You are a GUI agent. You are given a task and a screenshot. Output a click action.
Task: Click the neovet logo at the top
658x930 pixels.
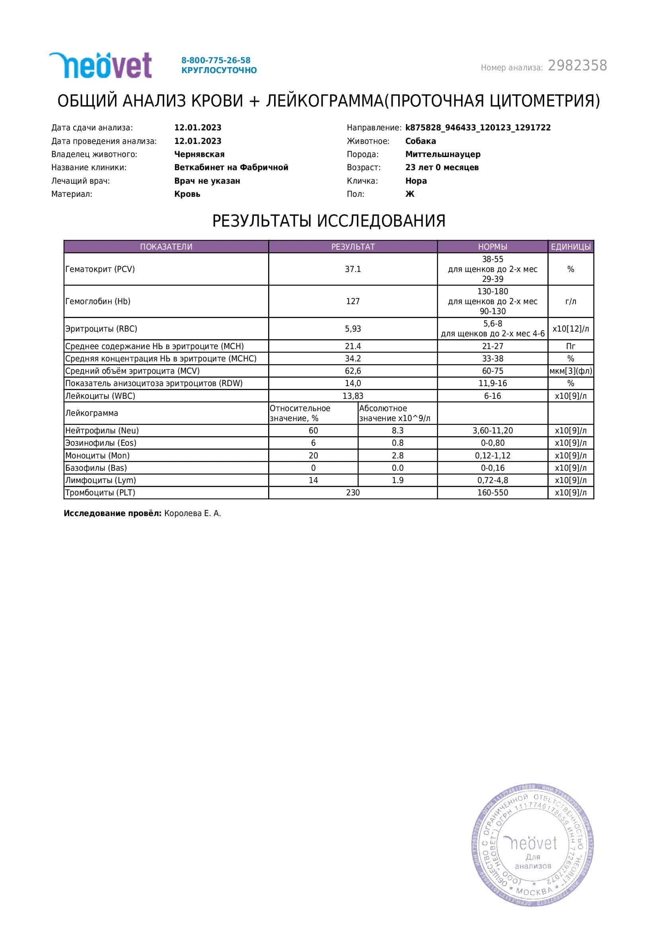point(101,65)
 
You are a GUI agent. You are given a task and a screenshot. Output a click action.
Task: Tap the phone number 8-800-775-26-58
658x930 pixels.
point(216,60)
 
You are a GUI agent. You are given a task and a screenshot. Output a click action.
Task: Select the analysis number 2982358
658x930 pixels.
point(577,66)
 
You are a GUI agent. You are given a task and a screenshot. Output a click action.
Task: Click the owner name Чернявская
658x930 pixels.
point(199,154)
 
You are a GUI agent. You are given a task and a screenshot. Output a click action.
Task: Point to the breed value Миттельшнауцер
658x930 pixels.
point(443,154)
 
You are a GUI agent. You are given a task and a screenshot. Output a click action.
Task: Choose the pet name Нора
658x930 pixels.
point(416,181)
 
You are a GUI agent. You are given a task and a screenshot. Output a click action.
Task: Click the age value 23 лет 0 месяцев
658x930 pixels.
point(442,168)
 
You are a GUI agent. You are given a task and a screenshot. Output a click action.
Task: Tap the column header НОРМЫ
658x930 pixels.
point(492,247)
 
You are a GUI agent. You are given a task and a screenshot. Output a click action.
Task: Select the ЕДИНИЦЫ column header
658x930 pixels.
point(570,247)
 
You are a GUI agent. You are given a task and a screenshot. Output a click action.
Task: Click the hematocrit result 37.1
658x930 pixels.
point(352,269)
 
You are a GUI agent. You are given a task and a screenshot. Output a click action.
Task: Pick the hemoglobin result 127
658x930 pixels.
point(352,301)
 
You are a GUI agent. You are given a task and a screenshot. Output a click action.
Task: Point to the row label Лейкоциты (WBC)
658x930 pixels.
point(100,396)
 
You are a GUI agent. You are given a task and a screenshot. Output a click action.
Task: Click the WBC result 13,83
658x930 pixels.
point(352,396)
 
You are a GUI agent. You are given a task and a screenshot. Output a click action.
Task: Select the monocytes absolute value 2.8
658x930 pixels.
point(397,456)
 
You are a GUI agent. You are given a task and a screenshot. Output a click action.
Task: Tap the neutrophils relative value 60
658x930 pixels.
point(313,431)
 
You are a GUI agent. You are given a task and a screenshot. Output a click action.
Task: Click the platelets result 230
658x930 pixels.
point(352,493)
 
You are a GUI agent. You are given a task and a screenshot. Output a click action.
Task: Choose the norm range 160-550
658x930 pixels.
point(492,493)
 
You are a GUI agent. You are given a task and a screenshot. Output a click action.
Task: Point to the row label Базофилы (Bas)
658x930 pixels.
point(96,468)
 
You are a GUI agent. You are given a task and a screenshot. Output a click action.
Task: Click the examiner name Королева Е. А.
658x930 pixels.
point(193,514)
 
